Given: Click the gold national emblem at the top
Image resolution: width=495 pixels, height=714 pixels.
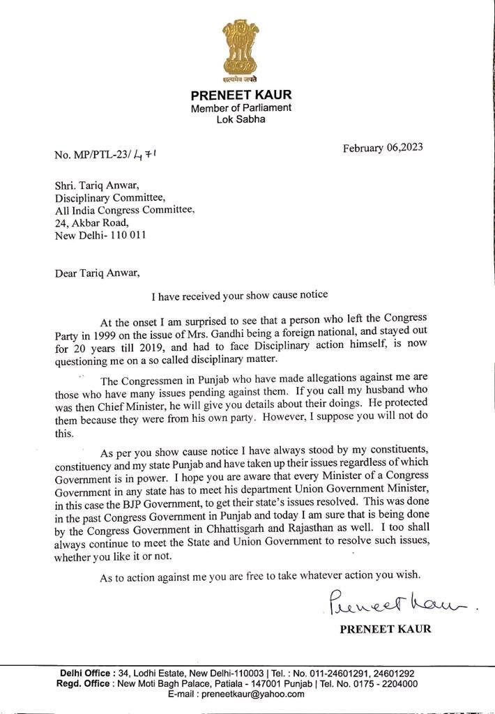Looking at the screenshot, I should [241, 49].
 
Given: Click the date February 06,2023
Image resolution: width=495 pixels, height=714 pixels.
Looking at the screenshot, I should [382, 147].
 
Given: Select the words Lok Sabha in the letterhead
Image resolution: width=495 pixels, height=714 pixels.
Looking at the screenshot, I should [241, 120].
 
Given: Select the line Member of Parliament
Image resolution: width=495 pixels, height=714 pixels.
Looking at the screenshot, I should [241, 108].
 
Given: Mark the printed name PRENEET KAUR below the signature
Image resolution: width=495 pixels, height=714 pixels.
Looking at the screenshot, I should [385, 629].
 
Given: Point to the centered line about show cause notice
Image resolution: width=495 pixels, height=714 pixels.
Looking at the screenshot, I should [250, 296].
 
